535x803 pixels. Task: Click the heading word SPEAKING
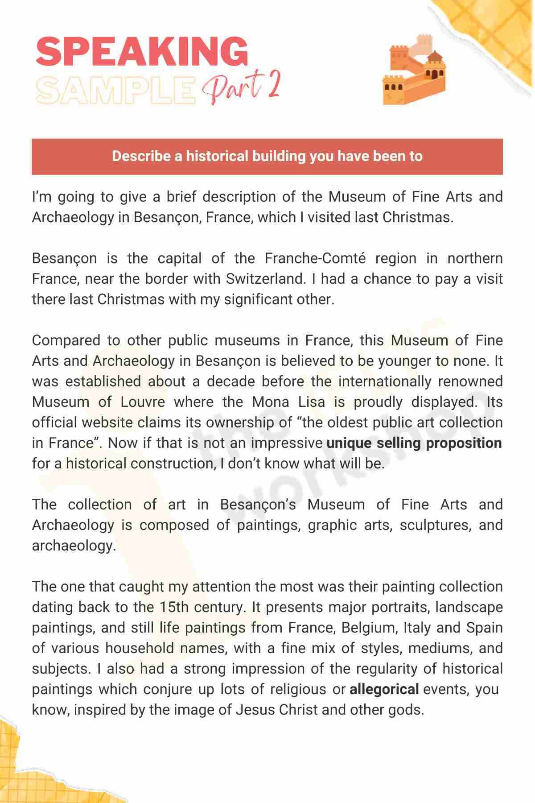(x=142, y=51)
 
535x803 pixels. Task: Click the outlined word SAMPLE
(x=115, y=90)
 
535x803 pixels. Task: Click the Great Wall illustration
(x=414, y=70)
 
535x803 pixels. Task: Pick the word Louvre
(x=143, y=402)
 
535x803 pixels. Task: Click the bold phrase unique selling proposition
(x=414, y=443)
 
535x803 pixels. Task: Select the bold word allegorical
(x=384, y=689)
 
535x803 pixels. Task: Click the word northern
(x=475, y=258)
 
